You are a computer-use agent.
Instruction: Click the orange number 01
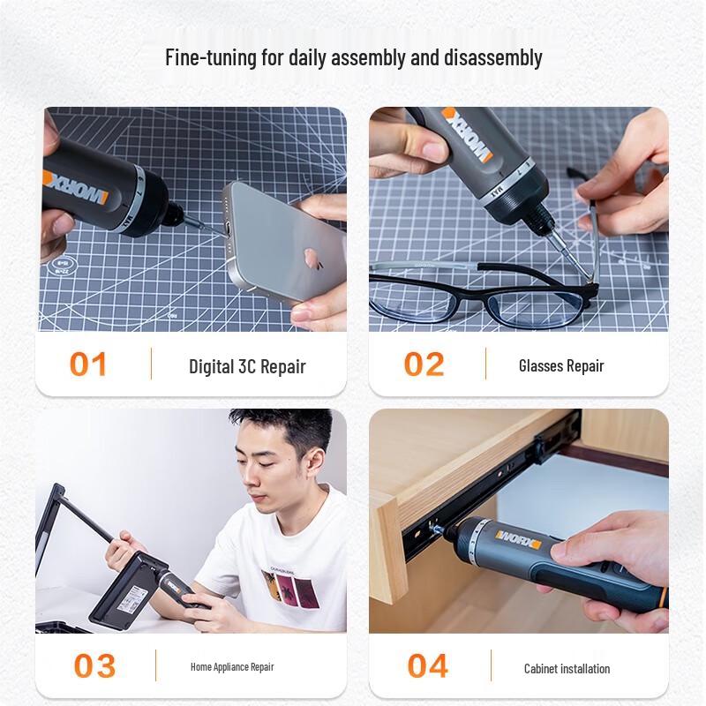[x=88, y=364]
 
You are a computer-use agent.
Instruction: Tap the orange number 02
[x=424, y=364]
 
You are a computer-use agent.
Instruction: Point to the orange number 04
[x=428, y=665]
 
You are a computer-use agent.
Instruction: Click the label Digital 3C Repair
[x=247, y=366]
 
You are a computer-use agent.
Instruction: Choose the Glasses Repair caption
[x=561, y=365]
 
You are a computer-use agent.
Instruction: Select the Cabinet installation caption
[x=567, y=668]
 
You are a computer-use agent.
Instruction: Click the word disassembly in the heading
[x=494, y=58]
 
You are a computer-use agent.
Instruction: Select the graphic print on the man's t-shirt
[x=288, y=587]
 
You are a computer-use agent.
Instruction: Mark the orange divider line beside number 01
[x=151, y=364]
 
